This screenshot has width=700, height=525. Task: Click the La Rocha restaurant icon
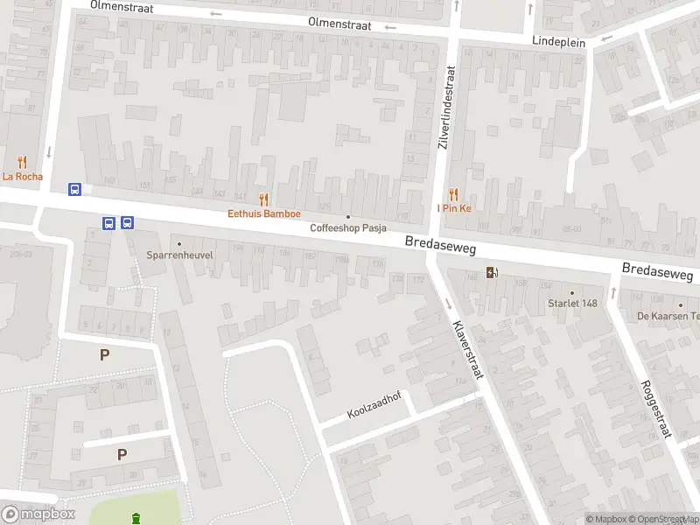[22, 162]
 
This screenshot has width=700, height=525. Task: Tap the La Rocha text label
[22, 176]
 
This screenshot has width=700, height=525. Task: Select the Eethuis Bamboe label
[264, 213]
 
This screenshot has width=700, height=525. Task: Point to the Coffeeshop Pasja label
[349, 228]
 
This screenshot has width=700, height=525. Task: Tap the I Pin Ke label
[454, 208]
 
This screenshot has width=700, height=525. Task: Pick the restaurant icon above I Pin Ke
[453, 194]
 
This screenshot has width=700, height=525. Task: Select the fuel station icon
[493, 272]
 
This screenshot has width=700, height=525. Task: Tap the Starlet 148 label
[572, 304]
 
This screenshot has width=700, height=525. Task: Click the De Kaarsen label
[668, 316]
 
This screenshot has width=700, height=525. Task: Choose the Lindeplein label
[559, 41]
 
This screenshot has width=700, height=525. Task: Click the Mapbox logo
[38, 514]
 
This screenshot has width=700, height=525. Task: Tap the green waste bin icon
[135, 519]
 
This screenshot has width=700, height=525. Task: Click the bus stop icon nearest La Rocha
[76, 189]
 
